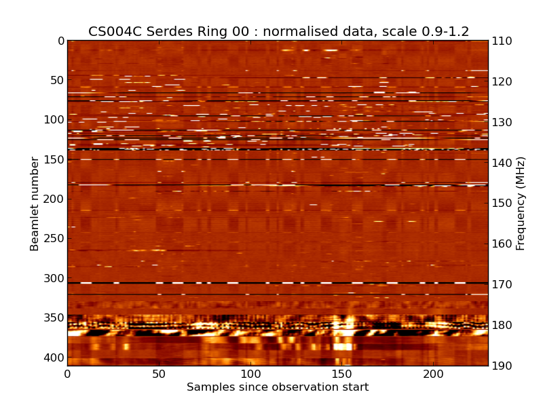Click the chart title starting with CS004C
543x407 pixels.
click(278, 31)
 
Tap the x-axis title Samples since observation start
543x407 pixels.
click(278, 387)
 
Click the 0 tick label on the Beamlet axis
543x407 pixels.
click(60, 41)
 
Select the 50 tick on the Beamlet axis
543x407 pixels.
click(56, 80)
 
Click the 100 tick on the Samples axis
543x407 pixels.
click(250, 374)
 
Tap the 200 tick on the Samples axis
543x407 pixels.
click(433, 374)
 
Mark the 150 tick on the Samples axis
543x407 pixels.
click(341, 374)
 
